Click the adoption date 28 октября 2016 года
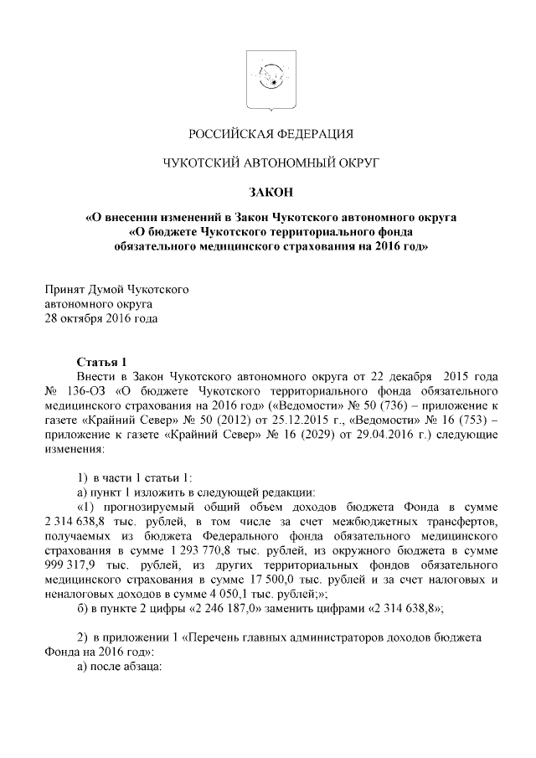[100, 319]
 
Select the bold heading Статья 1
[100, 362]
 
